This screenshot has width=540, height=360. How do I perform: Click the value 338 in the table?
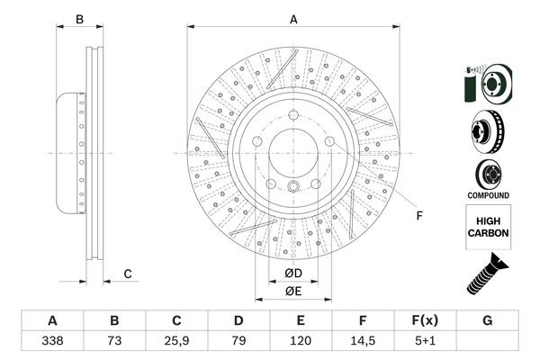pos(52,343)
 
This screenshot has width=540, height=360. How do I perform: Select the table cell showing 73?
pos(114,343)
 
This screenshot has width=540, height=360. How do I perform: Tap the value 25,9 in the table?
pos(176,343)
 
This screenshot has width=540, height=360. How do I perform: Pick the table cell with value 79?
pos(238,343)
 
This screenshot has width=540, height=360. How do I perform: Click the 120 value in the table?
pos(301,343)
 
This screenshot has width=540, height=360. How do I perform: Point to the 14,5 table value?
pos(363,343)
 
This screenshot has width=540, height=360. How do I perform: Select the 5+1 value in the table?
pos(425,343)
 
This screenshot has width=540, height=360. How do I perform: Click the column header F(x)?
pos(425,321)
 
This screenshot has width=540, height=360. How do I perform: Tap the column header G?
pos(487,321)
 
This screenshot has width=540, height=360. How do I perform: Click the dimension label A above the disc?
pos(293,19)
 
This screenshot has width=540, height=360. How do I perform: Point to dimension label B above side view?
pos(79,19)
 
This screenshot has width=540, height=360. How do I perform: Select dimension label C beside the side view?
pos(128,274)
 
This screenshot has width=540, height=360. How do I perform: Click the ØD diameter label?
pos(292,274)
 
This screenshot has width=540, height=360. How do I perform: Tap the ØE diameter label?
pos(292,290)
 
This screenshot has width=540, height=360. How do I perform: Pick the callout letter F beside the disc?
pos(418,216)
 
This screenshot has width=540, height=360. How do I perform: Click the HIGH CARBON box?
pos(488,225)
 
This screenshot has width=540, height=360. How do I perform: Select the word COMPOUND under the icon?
pos(488,195)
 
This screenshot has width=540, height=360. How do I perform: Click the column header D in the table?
pos(238,321)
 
